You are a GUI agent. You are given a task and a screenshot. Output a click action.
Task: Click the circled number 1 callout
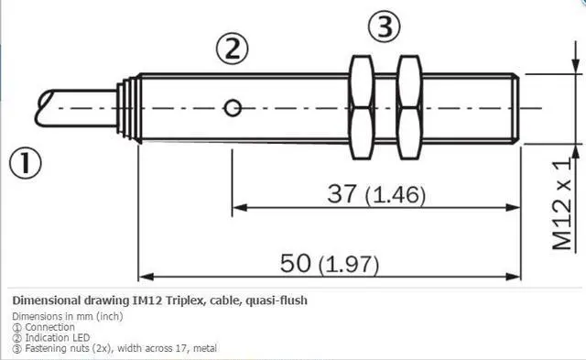tap(26, 163)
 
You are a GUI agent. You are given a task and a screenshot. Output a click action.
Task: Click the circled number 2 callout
tap(232, 49)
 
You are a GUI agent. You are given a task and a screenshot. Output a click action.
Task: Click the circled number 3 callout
tap(385, 27)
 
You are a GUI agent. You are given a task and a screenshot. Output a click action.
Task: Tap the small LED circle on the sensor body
tap(233, 108)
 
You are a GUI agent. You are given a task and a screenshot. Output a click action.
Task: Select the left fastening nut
tap(362, 108)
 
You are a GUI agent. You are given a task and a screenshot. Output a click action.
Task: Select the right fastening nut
tap(409, 108)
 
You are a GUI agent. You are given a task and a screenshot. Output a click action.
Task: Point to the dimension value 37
tap(342, 193)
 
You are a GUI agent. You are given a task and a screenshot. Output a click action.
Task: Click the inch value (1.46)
tap(396, 195)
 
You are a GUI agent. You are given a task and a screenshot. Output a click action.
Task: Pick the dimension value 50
tap(295, 263)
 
